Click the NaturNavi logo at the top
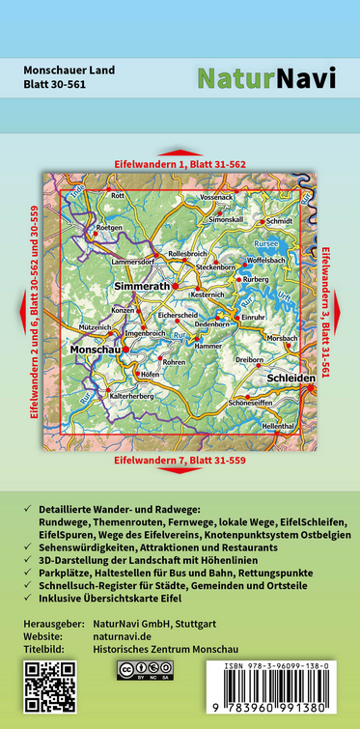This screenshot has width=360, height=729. click(266, 78)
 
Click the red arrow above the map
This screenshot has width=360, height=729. click(180, 153)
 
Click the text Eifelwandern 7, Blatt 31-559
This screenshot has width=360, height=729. click(180, 462)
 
